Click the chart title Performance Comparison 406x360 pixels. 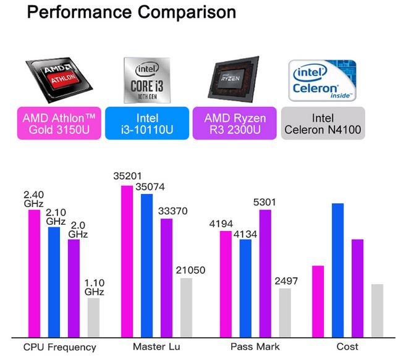pyautogui.click(x=130, y=12)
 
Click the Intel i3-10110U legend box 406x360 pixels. pyautogui.click(x=146, y=123)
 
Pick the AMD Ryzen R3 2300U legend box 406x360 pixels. pyautogui.click(x=234, y=123)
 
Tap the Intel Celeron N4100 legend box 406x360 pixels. pyautogui.click(x=323, y=123)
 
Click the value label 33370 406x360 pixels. pyautogui.click(x=175, y=211)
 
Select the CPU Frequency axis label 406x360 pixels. pyautogui.click(x=60, y=347)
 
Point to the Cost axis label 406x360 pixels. pyautogui.click(x=347, y=347)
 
